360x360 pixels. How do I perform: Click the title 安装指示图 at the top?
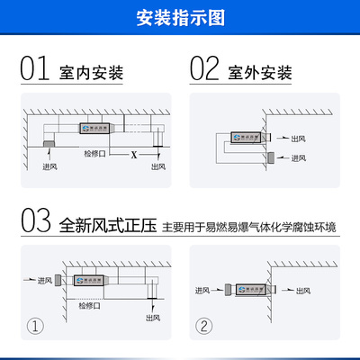tap(180, 17)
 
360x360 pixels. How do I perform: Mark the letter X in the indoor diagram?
tap(134, 156)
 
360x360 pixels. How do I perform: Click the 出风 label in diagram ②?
tap(300, 290)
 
